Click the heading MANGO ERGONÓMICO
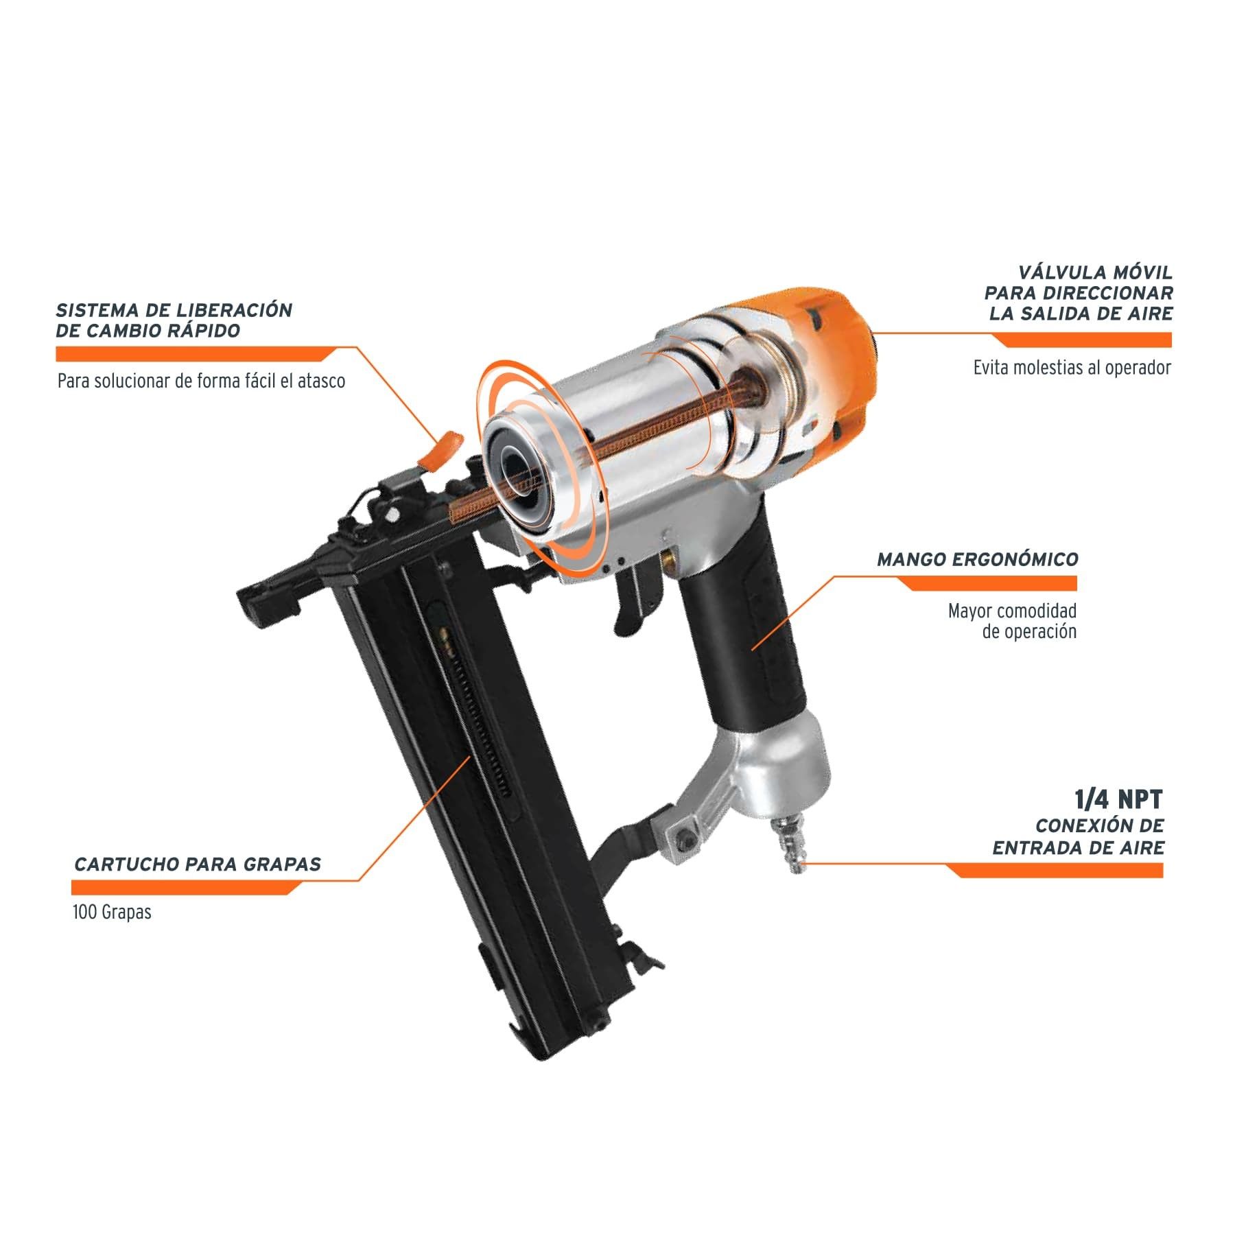[x=977, y=559]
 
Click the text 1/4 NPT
[x=1118, y=799]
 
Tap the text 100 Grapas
[x=112, y=913]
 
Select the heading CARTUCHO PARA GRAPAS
[x=197, y=864]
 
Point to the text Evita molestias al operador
[x=1072, y=368]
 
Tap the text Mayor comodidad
[x=1012, y=611]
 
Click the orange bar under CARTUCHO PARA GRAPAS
[x=185, y=888]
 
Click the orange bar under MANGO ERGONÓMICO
[x=988, y=583]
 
